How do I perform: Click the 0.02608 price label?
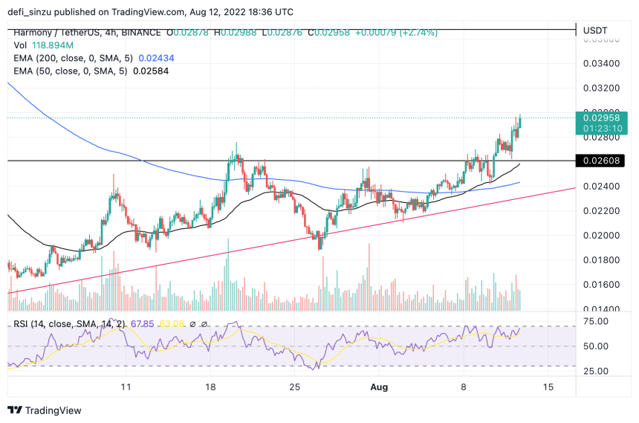[x=603, y=160]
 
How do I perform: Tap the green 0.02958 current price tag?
[x=603, y=117]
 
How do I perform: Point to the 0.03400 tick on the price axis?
[x=601, y=63]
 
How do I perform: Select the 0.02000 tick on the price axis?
[x=601, y=236]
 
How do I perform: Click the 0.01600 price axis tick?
[x=601, y=285]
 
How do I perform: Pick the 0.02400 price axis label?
[x=601, y=187]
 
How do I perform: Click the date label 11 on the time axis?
[x=126, y=387]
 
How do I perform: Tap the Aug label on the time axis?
[x=380, y=387]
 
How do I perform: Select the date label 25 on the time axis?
[x=295, y=387]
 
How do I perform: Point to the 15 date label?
[x=548, y=387]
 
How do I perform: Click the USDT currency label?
[x=596, y=30]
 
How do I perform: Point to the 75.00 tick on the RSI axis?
[x=597, y=321]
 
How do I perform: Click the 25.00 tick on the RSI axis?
[x=597, y=371]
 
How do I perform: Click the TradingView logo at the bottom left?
[x=44, y=410]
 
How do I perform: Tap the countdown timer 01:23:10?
[x=603, y=128]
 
